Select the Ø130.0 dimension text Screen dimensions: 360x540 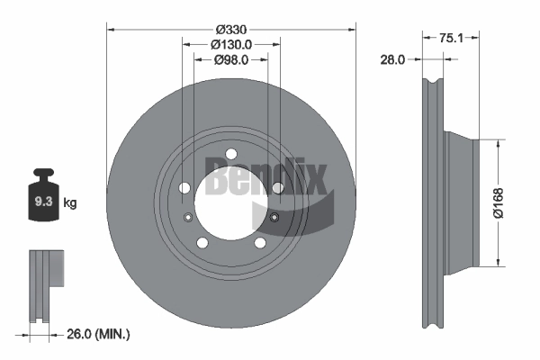coord(231,44)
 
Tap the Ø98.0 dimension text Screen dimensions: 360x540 coord(231,59)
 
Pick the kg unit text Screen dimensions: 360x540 coord(71,203)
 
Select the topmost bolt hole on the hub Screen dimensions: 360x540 coord(231,153)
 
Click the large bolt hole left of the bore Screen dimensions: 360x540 coord(184,188)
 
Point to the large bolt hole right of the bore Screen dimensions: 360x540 coord(278,187)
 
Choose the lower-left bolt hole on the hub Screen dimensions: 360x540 coord(202,243)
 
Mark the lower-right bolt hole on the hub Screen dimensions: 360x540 coord(260,243)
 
